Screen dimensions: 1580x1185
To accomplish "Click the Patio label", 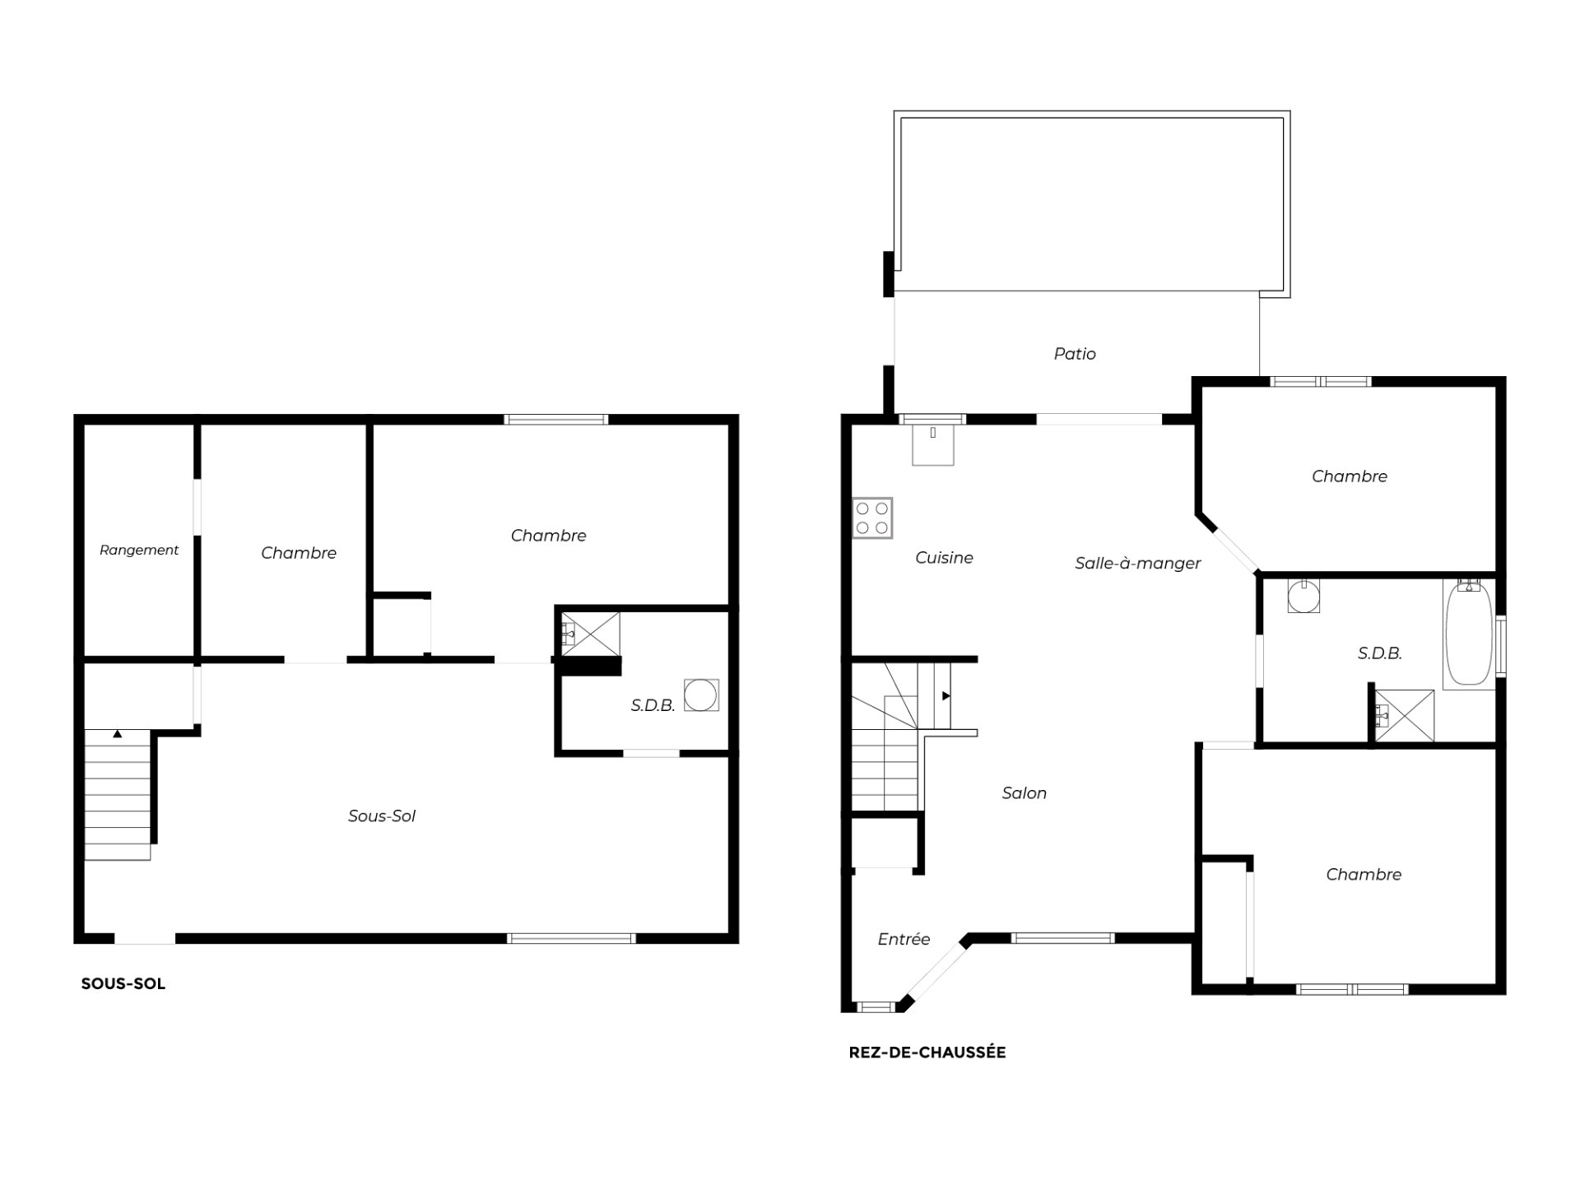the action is (1075, 354).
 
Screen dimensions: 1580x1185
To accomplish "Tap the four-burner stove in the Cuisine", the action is (872, 518).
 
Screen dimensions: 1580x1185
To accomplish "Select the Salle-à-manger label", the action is (1137, 564).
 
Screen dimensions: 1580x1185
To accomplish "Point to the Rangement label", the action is (139, 550).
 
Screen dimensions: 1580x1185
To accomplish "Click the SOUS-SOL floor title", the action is (123, 984).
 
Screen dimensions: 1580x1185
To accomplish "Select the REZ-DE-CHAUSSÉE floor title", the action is (927, 1053).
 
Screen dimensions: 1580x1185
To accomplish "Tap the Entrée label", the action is (904, 939).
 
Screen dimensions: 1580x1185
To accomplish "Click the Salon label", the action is (1024, 793).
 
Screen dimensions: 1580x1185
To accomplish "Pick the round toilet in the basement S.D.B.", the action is (701, 695).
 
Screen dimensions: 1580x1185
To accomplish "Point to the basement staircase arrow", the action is (118, 733).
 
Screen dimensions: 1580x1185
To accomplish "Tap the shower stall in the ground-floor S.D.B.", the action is (1405, 716).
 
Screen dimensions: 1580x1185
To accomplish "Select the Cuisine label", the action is (944, 558).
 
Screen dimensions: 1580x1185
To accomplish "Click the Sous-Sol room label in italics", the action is (382, 816).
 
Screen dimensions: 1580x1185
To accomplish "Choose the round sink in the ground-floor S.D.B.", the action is (1303, 596).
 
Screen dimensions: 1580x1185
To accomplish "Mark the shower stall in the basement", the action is (590, 633).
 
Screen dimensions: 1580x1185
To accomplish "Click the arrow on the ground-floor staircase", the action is (946, 696).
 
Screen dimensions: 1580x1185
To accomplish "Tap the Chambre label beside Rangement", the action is (299, 553).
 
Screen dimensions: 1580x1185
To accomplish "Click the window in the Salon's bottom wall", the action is (1062, 937).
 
